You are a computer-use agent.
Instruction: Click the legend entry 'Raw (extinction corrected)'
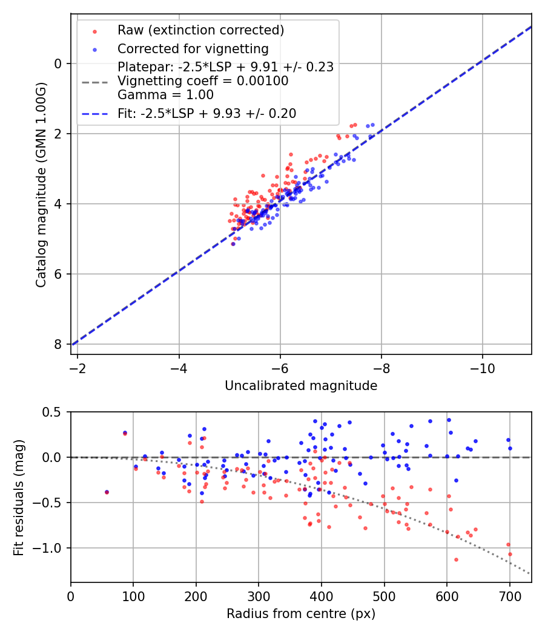200,30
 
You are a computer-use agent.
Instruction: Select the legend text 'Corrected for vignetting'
193,48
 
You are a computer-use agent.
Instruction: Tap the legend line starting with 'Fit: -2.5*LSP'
206,114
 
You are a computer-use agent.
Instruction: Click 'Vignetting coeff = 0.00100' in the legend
203,81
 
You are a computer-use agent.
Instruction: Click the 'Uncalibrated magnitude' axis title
301,386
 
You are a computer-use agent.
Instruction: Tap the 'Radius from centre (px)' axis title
301,614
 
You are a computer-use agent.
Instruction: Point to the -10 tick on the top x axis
482,367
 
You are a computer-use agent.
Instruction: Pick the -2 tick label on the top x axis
78,367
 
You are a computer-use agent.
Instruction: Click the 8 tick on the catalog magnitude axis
58,344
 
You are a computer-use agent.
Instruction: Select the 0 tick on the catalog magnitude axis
58,63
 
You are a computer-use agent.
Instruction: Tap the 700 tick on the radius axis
509,595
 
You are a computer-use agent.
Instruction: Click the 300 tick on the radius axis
259,595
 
